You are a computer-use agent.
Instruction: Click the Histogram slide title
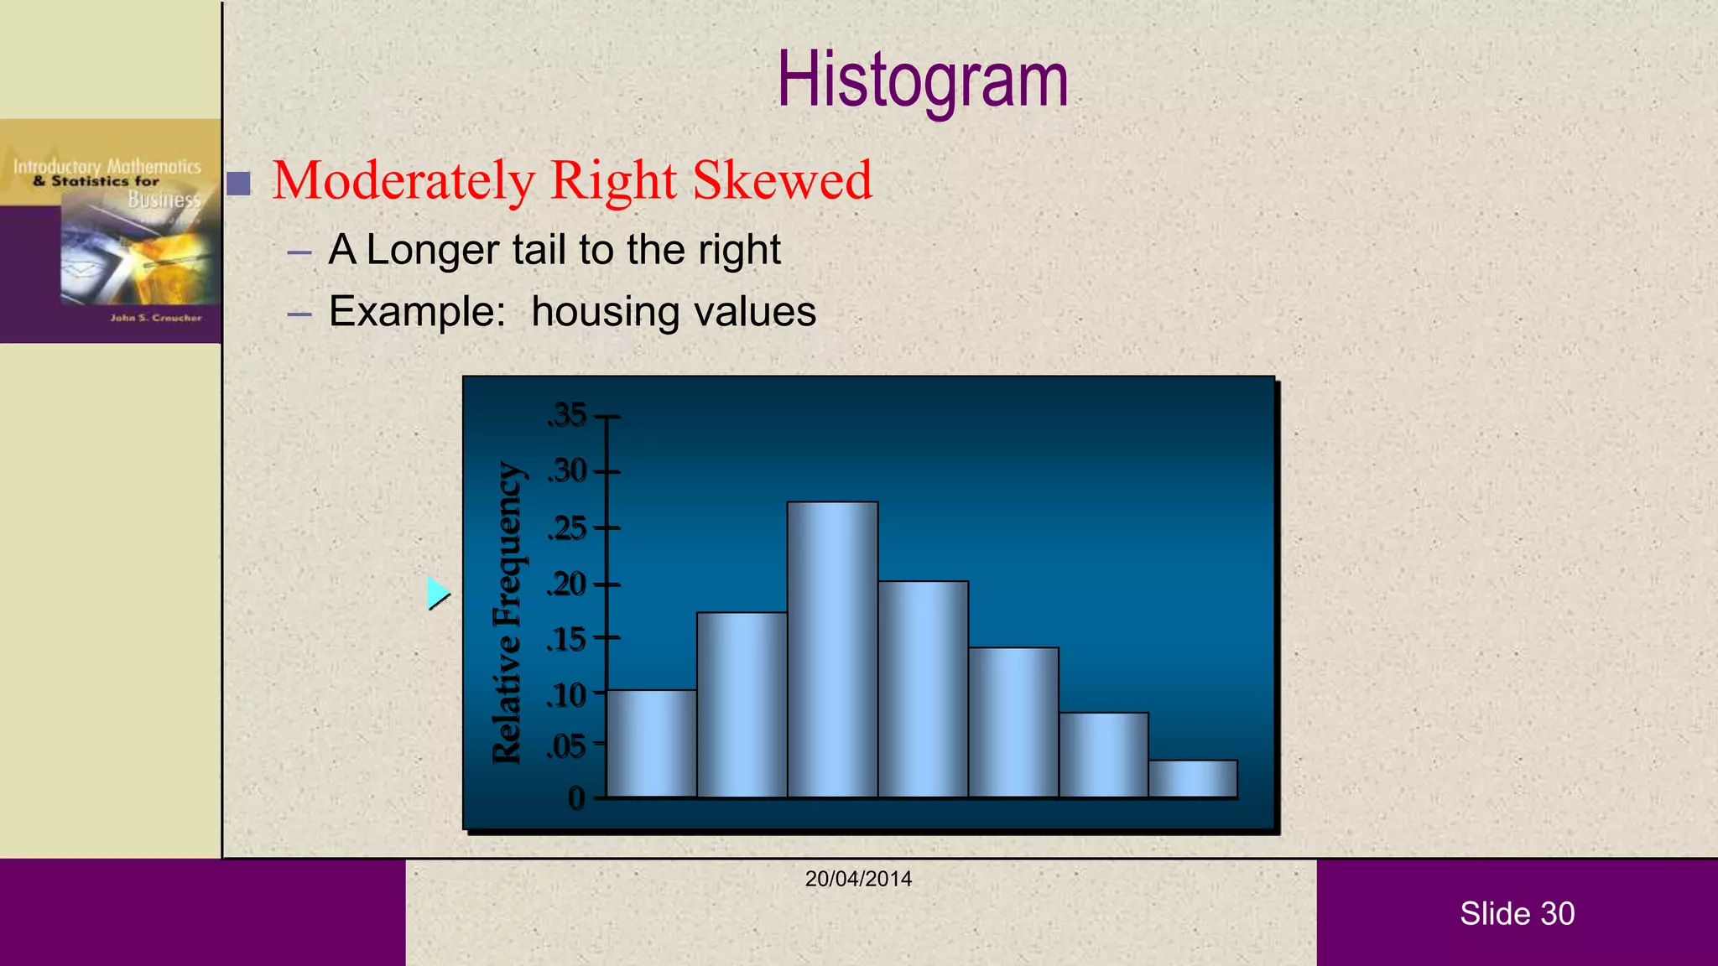[x=922, y=80]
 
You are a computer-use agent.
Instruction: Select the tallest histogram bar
[x=832, y=650]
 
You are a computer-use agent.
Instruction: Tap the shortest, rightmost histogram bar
[x=1193, y=779]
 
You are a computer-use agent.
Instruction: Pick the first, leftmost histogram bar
[x=651, y=743]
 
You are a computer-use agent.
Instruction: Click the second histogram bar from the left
[x=742, y=704]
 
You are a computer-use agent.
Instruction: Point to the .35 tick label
[x=568, y=415]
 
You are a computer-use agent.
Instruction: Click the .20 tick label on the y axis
[x=567, y=584]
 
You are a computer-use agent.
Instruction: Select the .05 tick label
[x=567, y=745]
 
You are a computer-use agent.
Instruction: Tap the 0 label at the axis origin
[x=576, y=797]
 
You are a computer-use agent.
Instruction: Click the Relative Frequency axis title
[x=508, y=612]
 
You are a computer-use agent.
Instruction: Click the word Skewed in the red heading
[x=782, y=180]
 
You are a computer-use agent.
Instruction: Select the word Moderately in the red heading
[x=403, y=180]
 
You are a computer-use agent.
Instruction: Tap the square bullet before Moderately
[x=239, y=183]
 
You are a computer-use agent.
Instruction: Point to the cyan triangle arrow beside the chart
[x=436, y=593]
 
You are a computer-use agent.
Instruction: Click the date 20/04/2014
[x=858, y=879]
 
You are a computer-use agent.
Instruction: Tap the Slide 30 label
[x=1517, y=913]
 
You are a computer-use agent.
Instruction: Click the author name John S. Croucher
[x=156, y=318]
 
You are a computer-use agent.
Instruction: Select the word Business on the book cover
[x=164, y=200]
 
